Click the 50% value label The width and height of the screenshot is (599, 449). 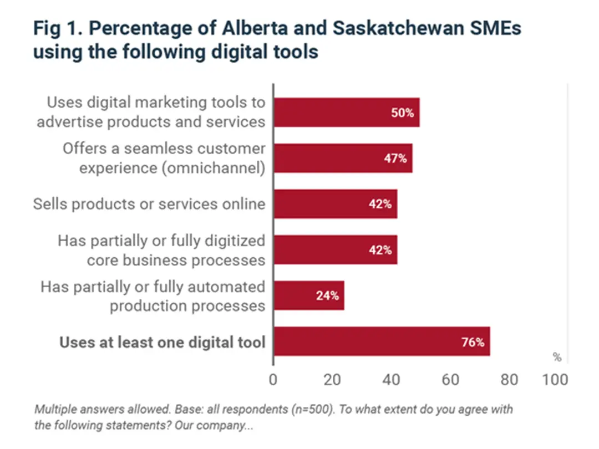tap(403, 113)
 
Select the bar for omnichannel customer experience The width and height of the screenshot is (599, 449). tap(343, 158)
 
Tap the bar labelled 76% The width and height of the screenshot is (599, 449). tap(382, 341)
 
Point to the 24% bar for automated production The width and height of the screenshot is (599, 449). tap(309, 295)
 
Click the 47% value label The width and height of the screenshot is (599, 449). tap(395, 159)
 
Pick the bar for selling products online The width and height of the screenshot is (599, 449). tap(335, 204)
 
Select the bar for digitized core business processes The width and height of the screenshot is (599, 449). tap(335, 250)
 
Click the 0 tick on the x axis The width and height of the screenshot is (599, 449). tap(273, 380)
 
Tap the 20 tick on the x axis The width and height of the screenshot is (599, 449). tap(332, 380)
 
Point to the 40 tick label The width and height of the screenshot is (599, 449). tap(392, 380)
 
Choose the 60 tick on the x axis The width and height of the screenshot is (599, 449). tap(450, 380)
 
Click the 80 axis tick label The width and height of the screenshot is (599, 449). tap(509, 380)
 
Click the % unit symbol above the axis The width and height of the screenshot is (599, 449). tap(557, 356)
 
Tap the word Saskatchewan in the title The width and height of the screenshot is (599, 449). tap(382, 28)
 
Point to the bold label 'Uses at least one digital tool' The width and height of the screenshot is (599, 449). tap(163, 342)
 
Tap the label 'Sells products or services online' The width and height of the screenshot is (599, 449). tap(149, 204)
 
